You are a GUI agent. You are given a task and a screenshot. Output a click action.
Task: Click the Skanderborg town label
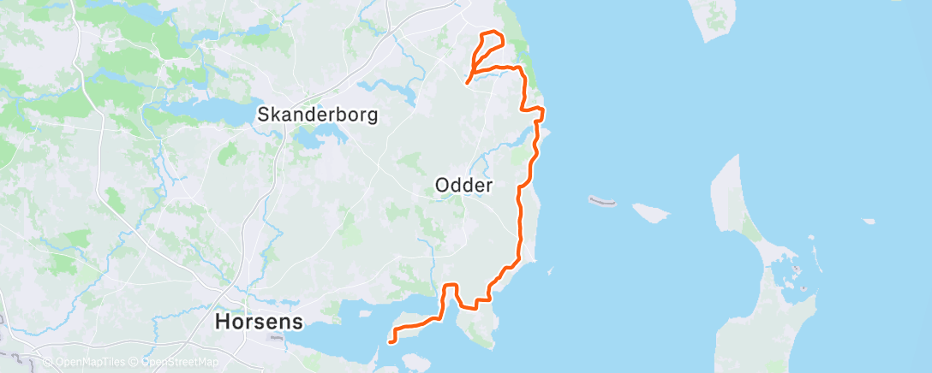[318, 114]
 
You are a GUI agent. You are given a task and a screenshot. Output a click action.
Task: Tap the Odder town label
[464, 185]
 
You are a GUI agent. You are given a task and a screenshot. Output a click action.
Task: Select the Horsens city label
[259, 323]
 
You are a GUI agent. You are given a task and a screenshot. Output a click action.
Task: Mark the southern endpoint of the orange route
[391, 341]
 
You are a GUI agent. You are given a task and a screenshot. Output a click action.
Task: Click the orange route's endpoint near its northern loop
[467, 82]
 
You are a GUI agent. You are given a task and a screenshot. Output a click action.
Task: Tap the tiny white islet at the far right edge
[869, 221]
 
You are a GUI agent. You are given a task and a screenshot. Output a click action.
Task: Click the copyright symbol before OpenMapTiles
[47, 363]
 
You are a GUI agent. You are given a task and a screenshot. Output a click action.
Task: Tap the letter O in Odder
[443, 185]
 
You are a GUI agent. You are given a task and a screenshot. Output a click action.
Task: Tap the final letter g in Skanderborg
[371, 115]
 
